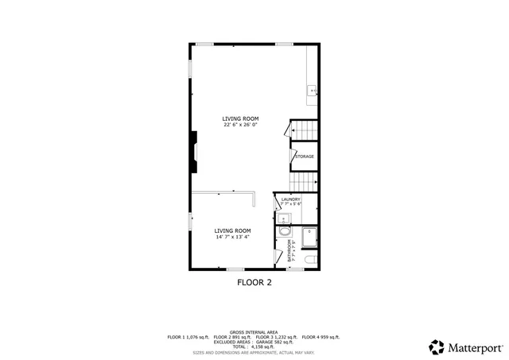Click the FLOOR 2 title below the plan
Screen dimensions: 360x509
[x=254, y=281]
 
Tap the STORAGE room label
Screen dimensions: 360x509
[x=305, y=157]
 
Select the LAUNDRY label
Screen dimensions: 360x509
[x=290, y=199]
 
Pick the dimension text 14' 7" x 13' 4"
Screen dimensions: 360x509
[x=232, y=236]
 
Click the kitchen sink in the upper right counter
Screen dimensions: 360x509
[x=313, y=91]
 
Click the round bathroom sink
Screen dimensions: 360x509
[x=283, y=233]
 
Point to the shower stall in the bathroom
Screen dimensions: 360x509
[x=309, y=237]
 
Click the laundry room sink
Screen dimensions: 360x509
[x=283, y=218]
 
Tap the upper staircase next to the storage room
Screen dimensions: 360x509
[x=304, y=130]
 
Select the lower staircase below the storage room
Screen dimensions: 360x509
[x=304, y=181]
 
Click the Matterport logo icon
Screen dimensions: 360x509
[x=436, y=346]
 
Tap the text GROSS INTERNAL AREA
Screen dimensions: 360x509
[x=254, y=332]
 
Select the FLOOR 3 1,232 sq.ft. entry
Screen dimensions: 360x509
[x=277, y=337]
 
